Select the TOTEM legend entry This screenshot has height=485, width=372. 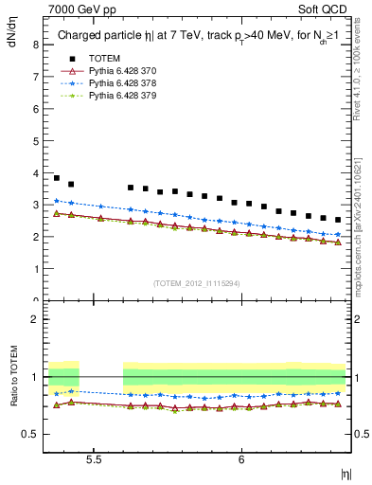[104, 59]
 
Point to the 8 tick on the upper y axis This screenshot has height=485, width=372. [35, 45]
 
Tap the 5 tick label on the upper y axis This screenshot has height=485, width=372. [35, 140]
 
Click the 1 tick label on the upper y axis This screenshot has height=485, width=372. [35, 269]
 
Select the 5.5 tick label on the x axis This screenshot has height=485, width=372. [94, 459]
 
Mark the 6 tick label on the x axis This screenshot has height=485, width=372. [241, 459]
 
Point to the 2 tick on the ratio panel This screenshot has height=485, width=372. [35, 319]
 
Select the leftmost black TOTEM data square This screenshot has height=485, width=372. [56, 178]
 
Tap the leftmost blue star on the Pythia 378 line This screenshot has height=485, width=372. [56, 201]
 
